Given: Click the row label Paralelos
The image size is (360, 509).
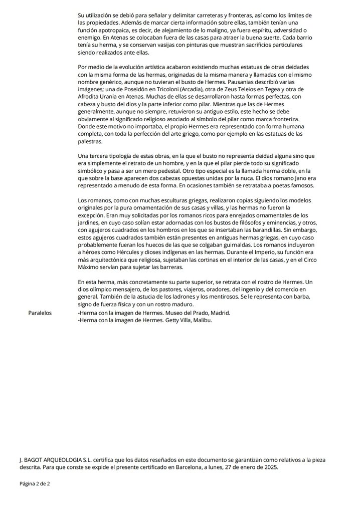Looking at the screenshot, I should pyautogui.click(x=41, y=313).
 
